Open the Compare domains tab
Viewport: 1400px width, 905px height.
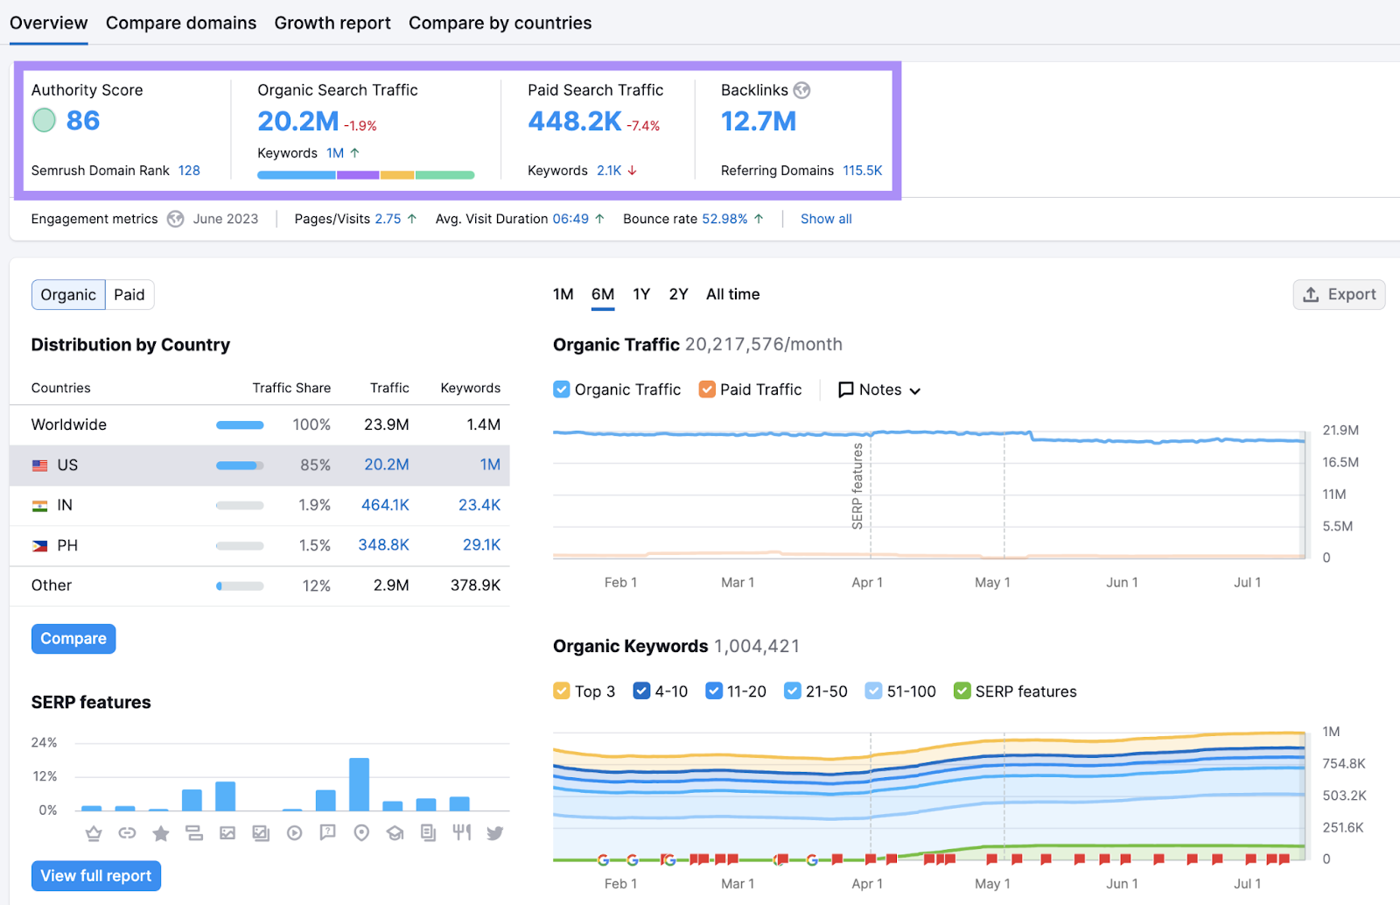tap(181, 23)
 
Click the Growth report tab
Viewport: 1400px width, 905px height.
tap(332, 23)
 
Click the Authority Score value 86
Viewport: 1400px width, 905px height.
tap(83, 121)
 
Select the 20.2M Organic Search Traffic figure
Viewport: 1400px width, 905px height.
tap(297, 122)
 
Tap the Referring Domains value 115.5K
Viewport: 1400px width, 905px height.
tap(862, 171)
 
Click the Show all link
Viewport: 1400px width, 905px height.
tap(825, 219)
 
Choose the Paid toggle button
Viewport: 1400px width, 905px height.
tap(129, 295)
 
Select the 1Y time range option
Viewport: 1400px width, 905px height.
tap(641, 294)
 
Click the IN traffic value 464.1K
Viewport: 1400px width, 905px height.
tap(385, 505)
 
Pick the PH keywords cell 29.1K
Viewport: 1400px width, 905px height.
tap(481, 545)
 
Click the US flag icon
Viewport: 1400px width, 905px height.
tap(40, 466)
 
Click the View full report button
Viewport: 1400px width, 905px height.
tap(96, 875)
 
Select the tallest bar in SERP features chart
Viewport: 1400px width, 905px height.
tap(359, 784)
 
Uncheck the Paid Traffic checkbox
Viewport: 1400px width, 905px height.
tap(707, 389)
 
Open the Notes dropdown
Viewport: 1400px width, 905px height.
tap(879, 389)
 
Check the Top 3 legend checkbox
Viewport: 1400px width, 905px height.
tap(562, 691)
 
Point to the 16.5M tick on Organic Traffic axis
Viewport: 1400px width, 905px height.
tap(1340, 462)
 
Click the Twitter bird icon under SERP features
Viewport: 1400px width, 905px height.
tap(495, 833)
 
